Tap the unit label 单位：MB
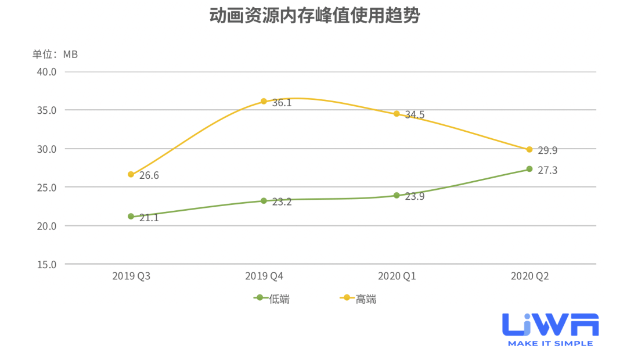(55, 54)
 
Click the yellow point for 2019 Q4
(264, 101)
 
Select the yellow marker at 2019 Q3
(131, 174)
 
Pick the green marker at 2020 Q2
(529, 169)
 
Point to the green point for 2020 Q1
(397, 195)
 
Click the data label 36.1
(282, 103)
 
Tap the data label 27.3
(547, 171)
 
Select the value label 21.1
(149, 218)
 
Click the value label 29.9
(547, 151)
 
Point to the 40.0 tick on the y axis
(46, 72)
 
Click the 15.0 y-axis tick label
(46, 264)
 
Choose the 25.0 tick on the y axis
(46, 188)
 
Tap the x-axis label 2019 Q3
(131, 276)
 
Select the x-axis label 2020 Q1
(397, 276)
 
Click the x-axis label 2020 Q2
(529, 276)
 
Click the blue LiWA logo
(550, 325)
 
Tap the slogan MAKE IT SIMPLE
(550, 343)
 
